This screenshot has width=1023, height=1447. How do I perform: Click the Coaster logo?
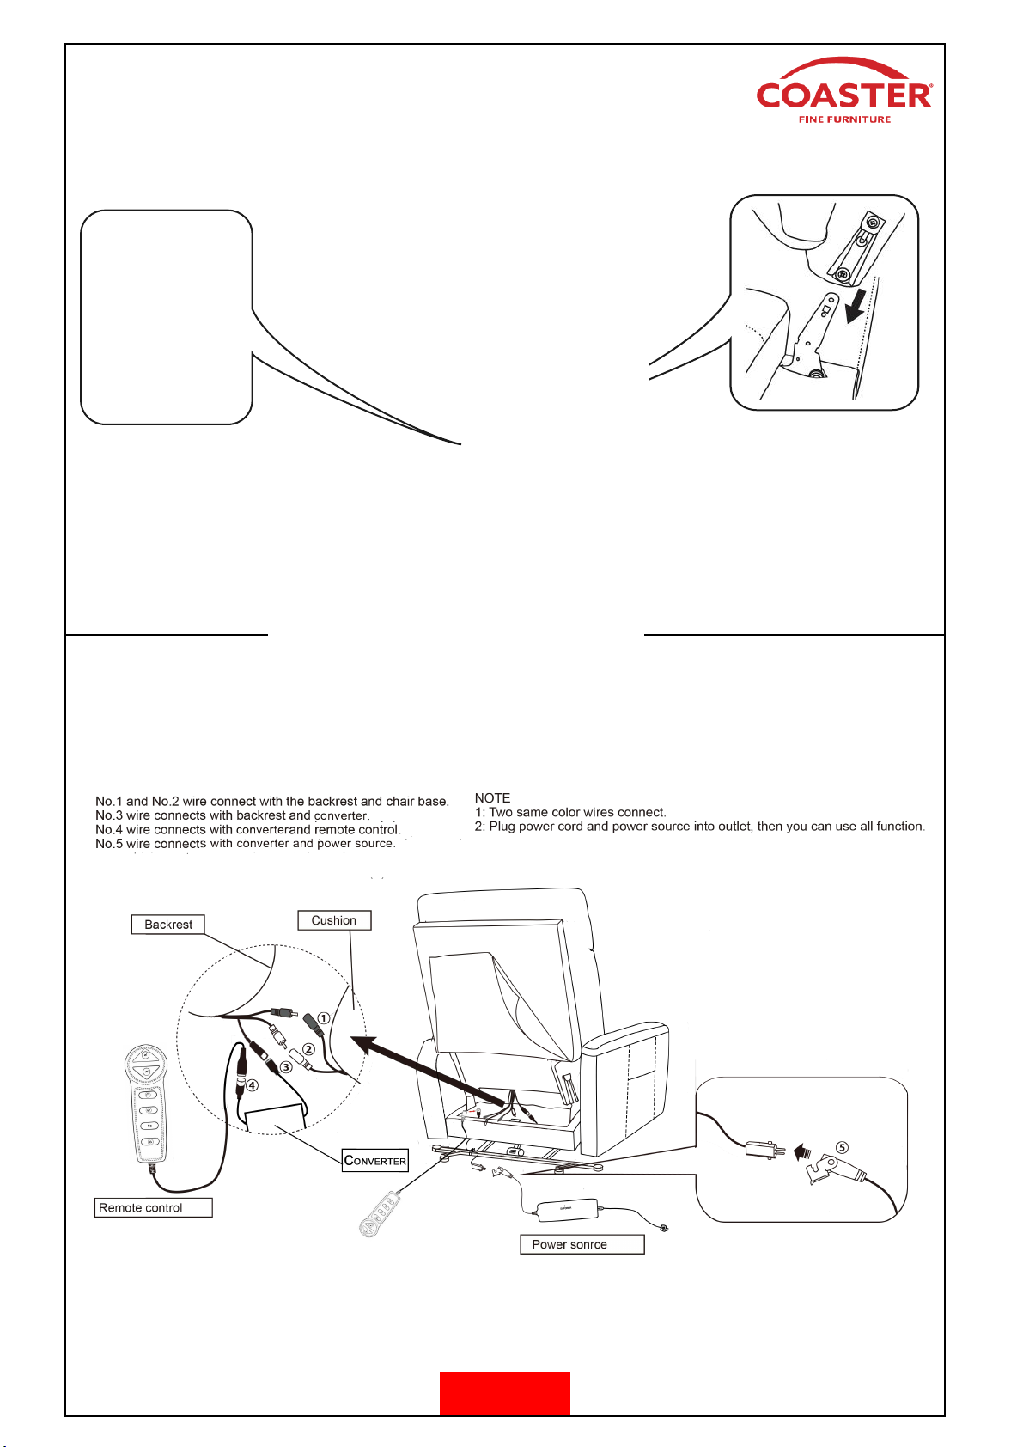pyautogui.click(x=843, y=92)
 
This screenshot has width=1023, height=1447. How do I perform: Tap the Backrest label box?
pyautogui.click(x=168, y=925)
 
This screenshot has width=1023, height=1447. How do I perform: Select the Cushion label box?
pyautogui.click(x=334, y=920)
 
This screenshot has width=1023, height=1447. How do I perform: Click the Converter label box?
pyautogui.click(x=375, y=1161)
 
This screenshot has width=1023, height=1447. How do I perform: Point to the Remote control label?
pyautogui.click(x=152, y=1207)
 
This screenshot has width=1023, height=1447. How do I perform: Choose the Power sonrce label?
pyautogui.click(x=582, y=1244)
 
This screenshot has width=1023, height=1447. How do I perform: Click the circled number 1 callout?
pyautogui.click(x=324, y=1018)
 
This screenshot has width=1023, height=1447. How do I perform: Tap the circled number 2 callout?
pyautogui.click(x=308, y=1049)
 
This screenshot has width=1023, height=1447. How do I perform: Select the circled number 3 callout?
pyautogui.click(x=287, y=1067)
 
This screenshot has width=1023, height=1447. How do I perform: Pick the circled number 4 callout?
pyautogui.click(x=252, y=1085)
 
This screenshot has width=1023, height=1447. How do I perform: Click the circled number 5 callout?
pyautogui.click(x=842, y=1147)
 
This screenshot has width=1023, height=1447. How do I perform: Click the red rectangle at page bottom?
pyautogui.click(x=504, y=1393)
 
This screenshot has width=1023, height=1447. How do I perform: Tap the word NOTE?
pyautogui.click(x=492, y=798)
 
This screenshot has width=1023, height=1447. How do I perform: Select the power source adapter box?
pyautogui.click(x=566, y=1209)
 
